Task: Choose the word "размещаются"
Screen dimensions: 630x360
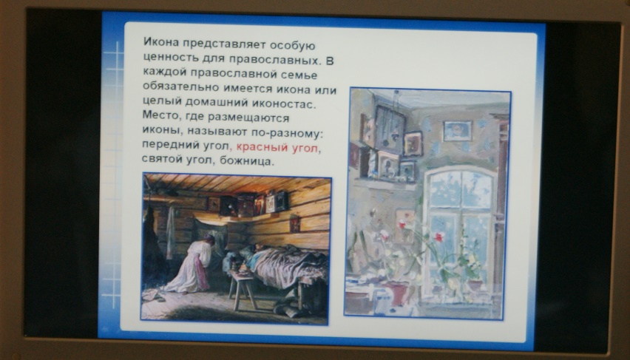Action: (248, 118)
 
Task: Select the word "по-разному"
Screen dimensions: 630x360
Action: (285, 133)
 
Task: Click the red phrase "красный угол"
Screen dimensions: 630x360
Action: (277, 148)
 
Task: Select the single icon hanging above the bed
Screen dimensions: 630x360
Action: (294, 223)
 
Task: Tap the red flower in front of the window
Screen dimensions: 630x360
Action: (439, 237)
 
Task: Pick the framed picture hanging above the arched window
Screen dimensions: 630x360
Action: (457, 131)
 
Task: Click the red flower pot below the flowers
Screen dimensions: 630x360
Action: (396, 293)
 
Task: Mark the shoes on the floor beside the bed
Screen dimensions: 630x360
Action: (288, 308)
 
